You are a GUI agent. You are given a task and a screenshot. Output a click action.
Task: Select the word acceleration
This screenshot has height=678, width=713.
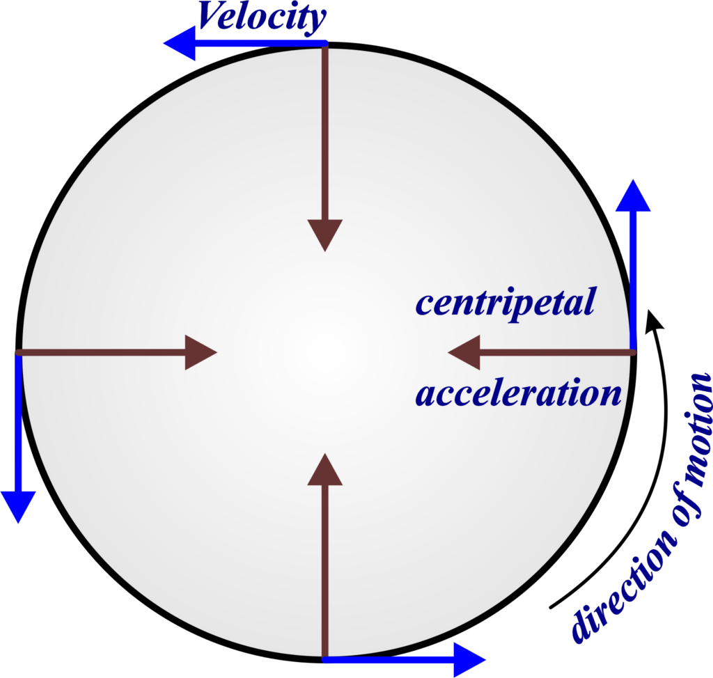(518, 394)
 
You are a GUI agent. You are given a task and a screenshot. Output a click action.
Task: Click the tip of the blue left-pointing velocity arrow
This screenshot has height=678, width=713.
(166, 44)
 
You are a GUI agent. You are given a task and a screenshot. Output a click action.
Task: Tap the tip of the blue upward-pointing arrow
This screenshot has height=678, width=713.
(633, 182)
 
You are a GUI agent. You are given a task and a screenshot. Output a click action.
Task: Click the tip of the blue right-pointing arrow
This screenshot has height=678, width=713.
(484, 658)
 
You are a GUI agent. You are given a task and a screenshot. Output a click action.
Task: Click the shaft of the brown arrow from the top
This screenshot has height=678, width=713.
(324, 132)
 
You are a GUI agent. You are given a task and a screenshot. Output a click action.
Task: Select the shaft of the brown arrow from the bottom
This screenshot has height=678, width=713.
(324, 571)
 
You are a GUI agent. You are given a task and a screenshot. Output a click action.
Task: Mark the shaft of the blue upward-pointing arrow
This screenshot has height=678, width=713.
(633, 278)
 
